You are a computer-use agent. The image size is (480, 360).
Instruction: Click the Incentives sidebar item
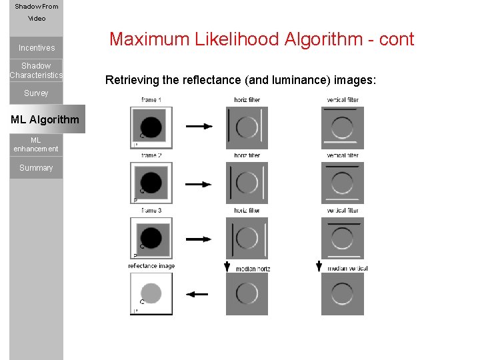pos(37,48)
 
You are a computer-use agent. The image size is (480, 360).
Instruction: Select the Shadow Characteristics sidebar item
pos(36,71)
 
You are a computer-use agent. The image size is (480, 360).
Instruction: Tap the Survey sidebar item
pos(36,93)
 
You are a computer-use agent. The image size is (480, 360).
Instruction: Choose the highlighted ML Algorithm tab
pos(45,120)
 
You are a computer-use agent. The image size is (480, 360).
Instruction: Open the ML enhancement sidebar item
pos(36,145)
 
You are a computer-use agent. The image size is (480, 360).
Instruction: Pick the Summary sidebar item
pos(36,168)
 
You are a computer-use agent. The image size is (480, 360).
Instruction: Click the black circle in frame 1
pos(151,127)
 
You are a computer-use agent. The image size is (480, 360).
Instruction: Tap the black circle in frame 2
pos(151,182)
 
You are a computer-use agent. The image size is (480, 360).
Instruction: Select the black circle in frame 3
pos(151,238)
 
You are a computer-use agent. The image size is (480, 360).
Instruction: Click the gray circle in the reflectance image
pos(151,293)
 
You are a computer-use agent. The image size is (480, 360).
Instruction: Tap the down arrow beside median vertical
pos(319,265)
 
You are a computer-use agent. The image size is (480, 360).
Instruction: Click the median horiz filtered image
pos(247,293)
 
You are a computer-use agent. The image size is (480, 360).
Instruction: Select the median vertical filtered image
pos(342,293)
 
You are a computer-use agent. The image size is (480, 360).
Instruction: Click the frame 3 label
pos(151,211)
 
